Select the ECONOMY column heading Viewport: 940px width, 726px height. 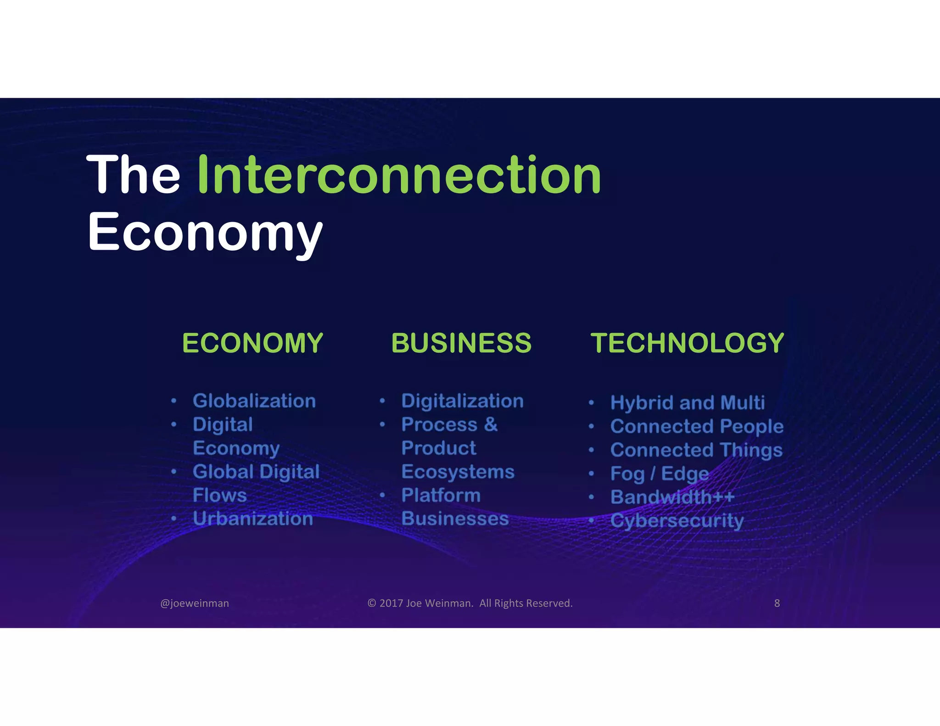point(252,343)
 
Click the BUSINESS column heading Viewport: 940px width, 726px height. point(461,343)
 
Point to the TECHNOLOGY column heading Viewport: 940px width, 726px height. point(687,343)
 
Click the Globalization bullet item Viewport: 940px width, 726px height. point(254,401)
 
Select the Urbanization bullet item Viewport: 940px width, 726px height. point(253,519)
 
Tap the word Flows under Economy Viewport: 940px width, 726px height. point(220,495)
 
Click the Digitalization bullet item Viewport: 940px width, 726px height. point(462,401)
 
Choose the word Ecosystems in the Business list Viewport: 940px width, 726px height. point(458,472)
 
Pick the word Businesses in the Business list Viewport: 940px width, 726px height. point(455,519)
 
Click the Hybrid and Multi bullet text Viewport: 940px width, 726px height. point(687,403)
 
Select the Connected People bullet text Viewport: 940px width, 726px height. point(697,426)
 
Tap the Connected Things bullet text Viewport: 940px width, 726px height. point(696,450)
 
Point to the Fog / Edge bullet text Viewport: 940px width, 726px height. point(660,474)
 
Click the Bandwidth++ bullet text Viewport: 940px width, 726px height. point(672,497)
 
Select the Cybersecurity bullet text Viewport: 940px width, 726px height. point(677,521)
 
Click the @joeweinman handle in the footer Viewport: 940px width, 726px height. point(195,603)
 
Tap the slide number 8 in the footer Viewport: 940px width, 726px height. point(777,603)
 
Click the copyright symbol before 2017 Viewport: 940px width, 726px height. point(372,603)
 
